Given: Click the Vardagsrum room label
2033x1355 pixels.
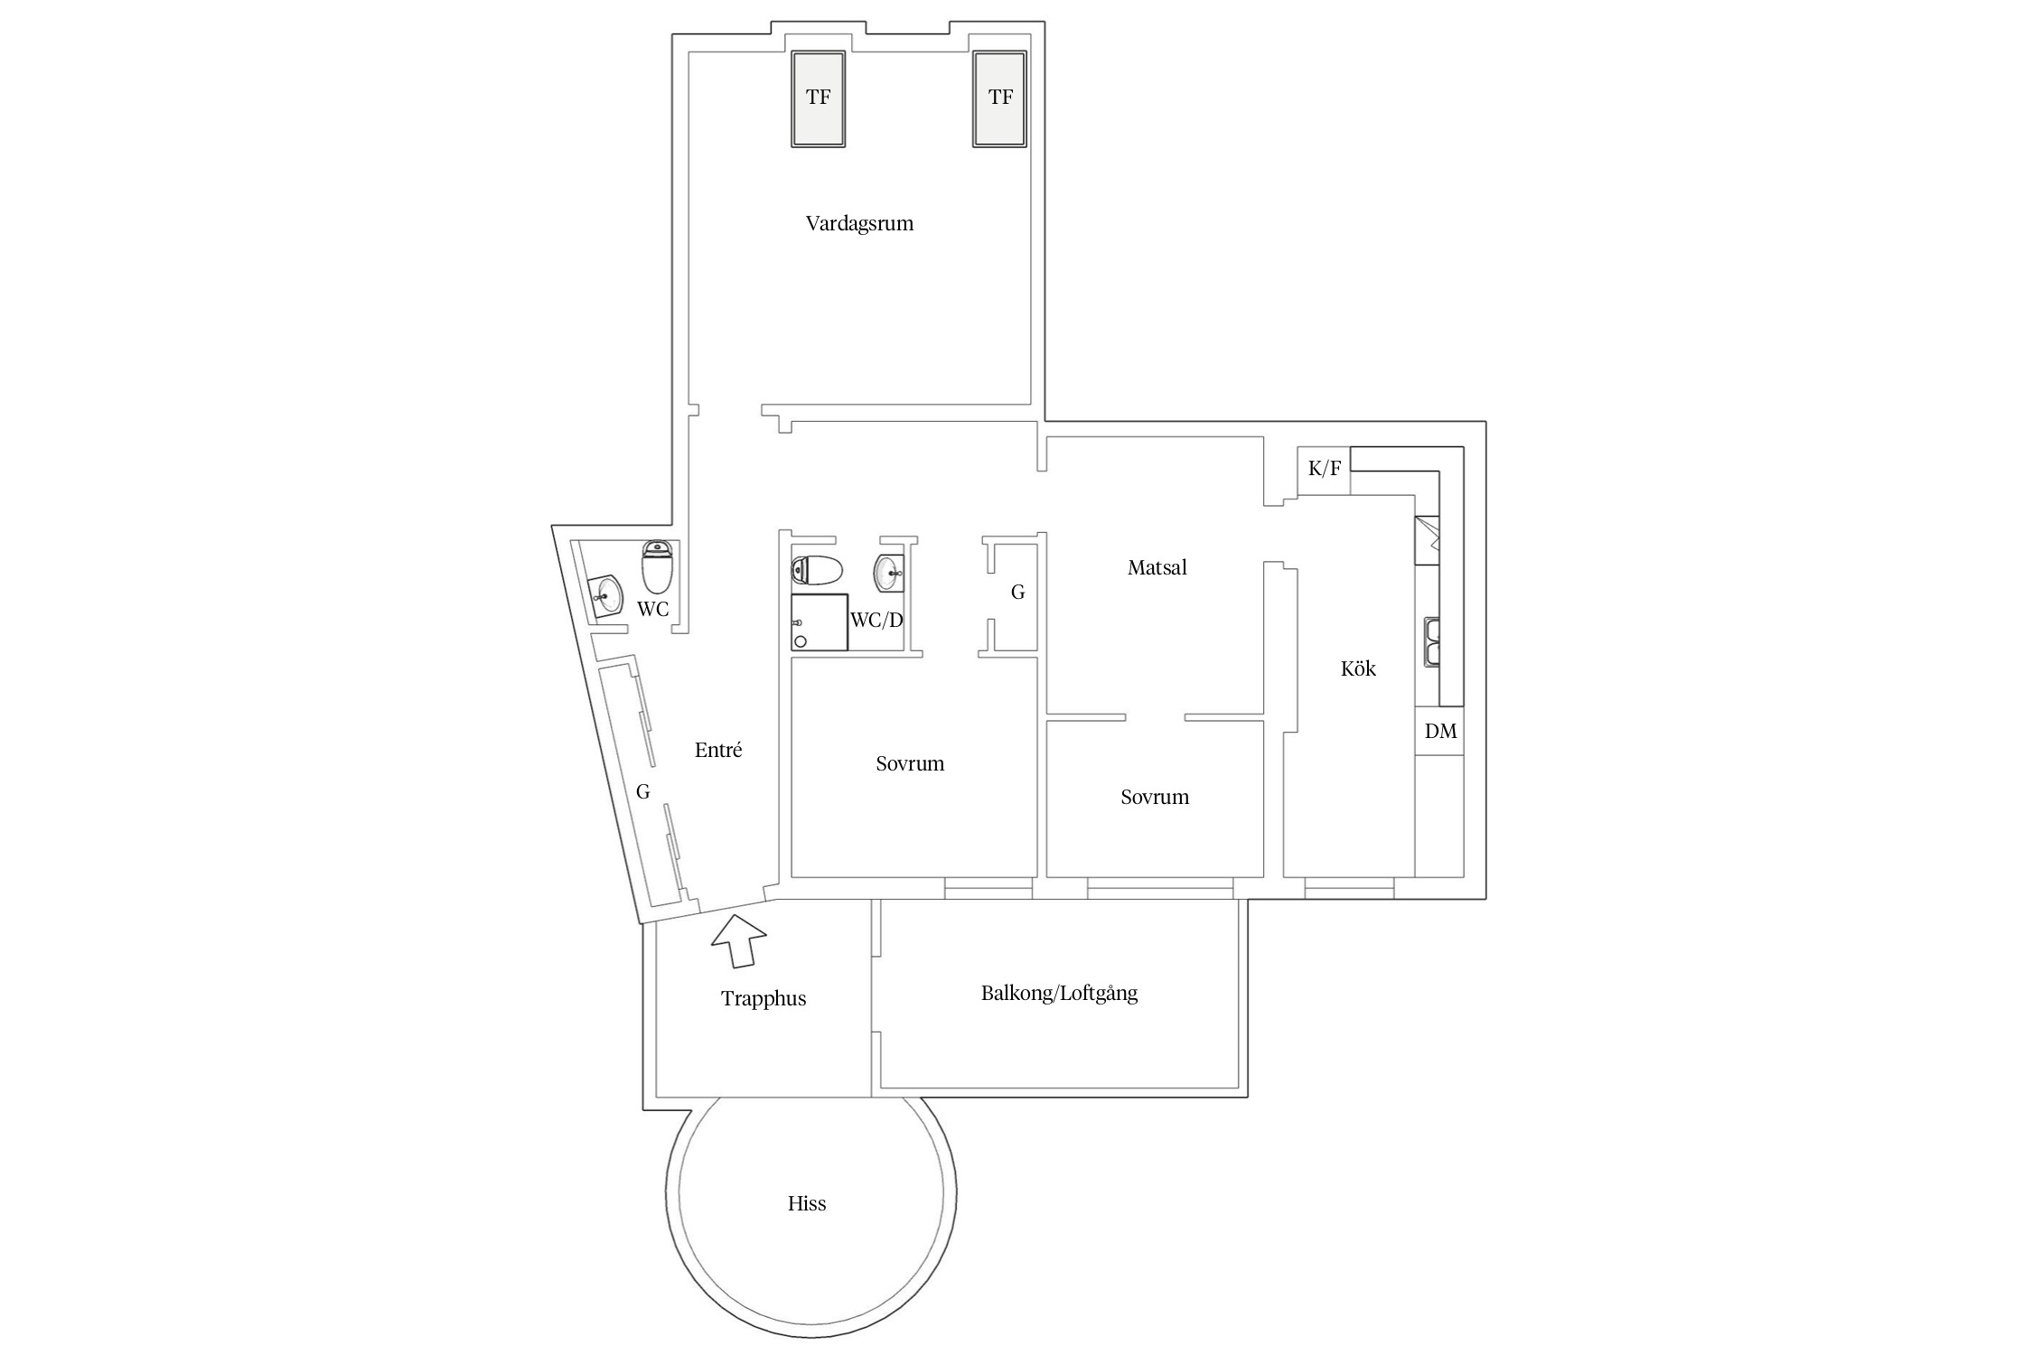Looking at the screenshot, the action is pyautogui.click(x=859, y=223).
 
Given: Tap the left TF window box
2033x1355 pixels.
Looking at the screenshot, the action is pyautogui.click(x=819, y=98).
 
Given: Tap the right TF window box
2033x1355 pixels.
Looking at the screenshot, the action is pyautogui.click(x=1000, y=98).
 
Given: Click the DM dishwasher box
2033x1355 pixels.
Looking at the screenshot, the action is pyautogui.click(x=1440, y=731).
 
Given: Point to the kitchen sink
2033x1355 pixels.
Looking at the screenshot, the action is pyautogui.click(x=1432, y=642).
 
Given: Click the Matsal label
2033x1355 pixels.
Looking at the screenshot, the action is pyautogui.click(x=1157, y=567).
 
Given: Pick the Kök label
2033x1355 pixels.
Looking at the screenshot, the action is pyautogui.click(x=1358, y=668).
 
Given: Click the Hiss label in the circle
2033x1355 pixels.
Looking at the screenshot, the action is pyautogui.click(x=807, y=1203).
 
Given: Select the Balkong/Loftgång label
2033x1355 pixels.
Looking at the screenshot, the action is pyautogui.click(x=1059, y=994).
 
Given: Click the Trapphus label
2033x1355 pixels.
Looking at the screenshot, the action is pyautogui.click(x=764, y=999).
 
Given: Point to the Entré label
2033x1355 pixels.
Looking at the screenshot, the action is pyautogui.click(x=718, y=750).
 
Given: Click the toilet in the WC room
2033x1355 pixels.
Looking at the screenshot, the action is pyautogui.click(x=657, y=566).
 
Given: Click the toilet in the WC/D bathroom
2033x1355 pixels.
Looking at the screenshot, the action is pyautogui.click(x=817, y=570).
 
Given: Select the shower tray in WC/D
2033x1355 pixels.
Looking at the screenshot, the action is pyautogui.click(x=820, y=622).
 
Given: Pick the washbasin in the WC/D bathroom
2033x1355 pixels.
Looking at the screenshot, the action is pyautogui.click(x=889, y=572).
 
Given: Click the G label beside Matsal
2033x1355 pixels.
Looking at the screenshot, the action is pyautogui.click(x=1017, y=593).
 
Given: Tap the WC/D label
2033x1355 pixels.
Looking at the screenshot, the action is pyautogui.click(x=876, y=621).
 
